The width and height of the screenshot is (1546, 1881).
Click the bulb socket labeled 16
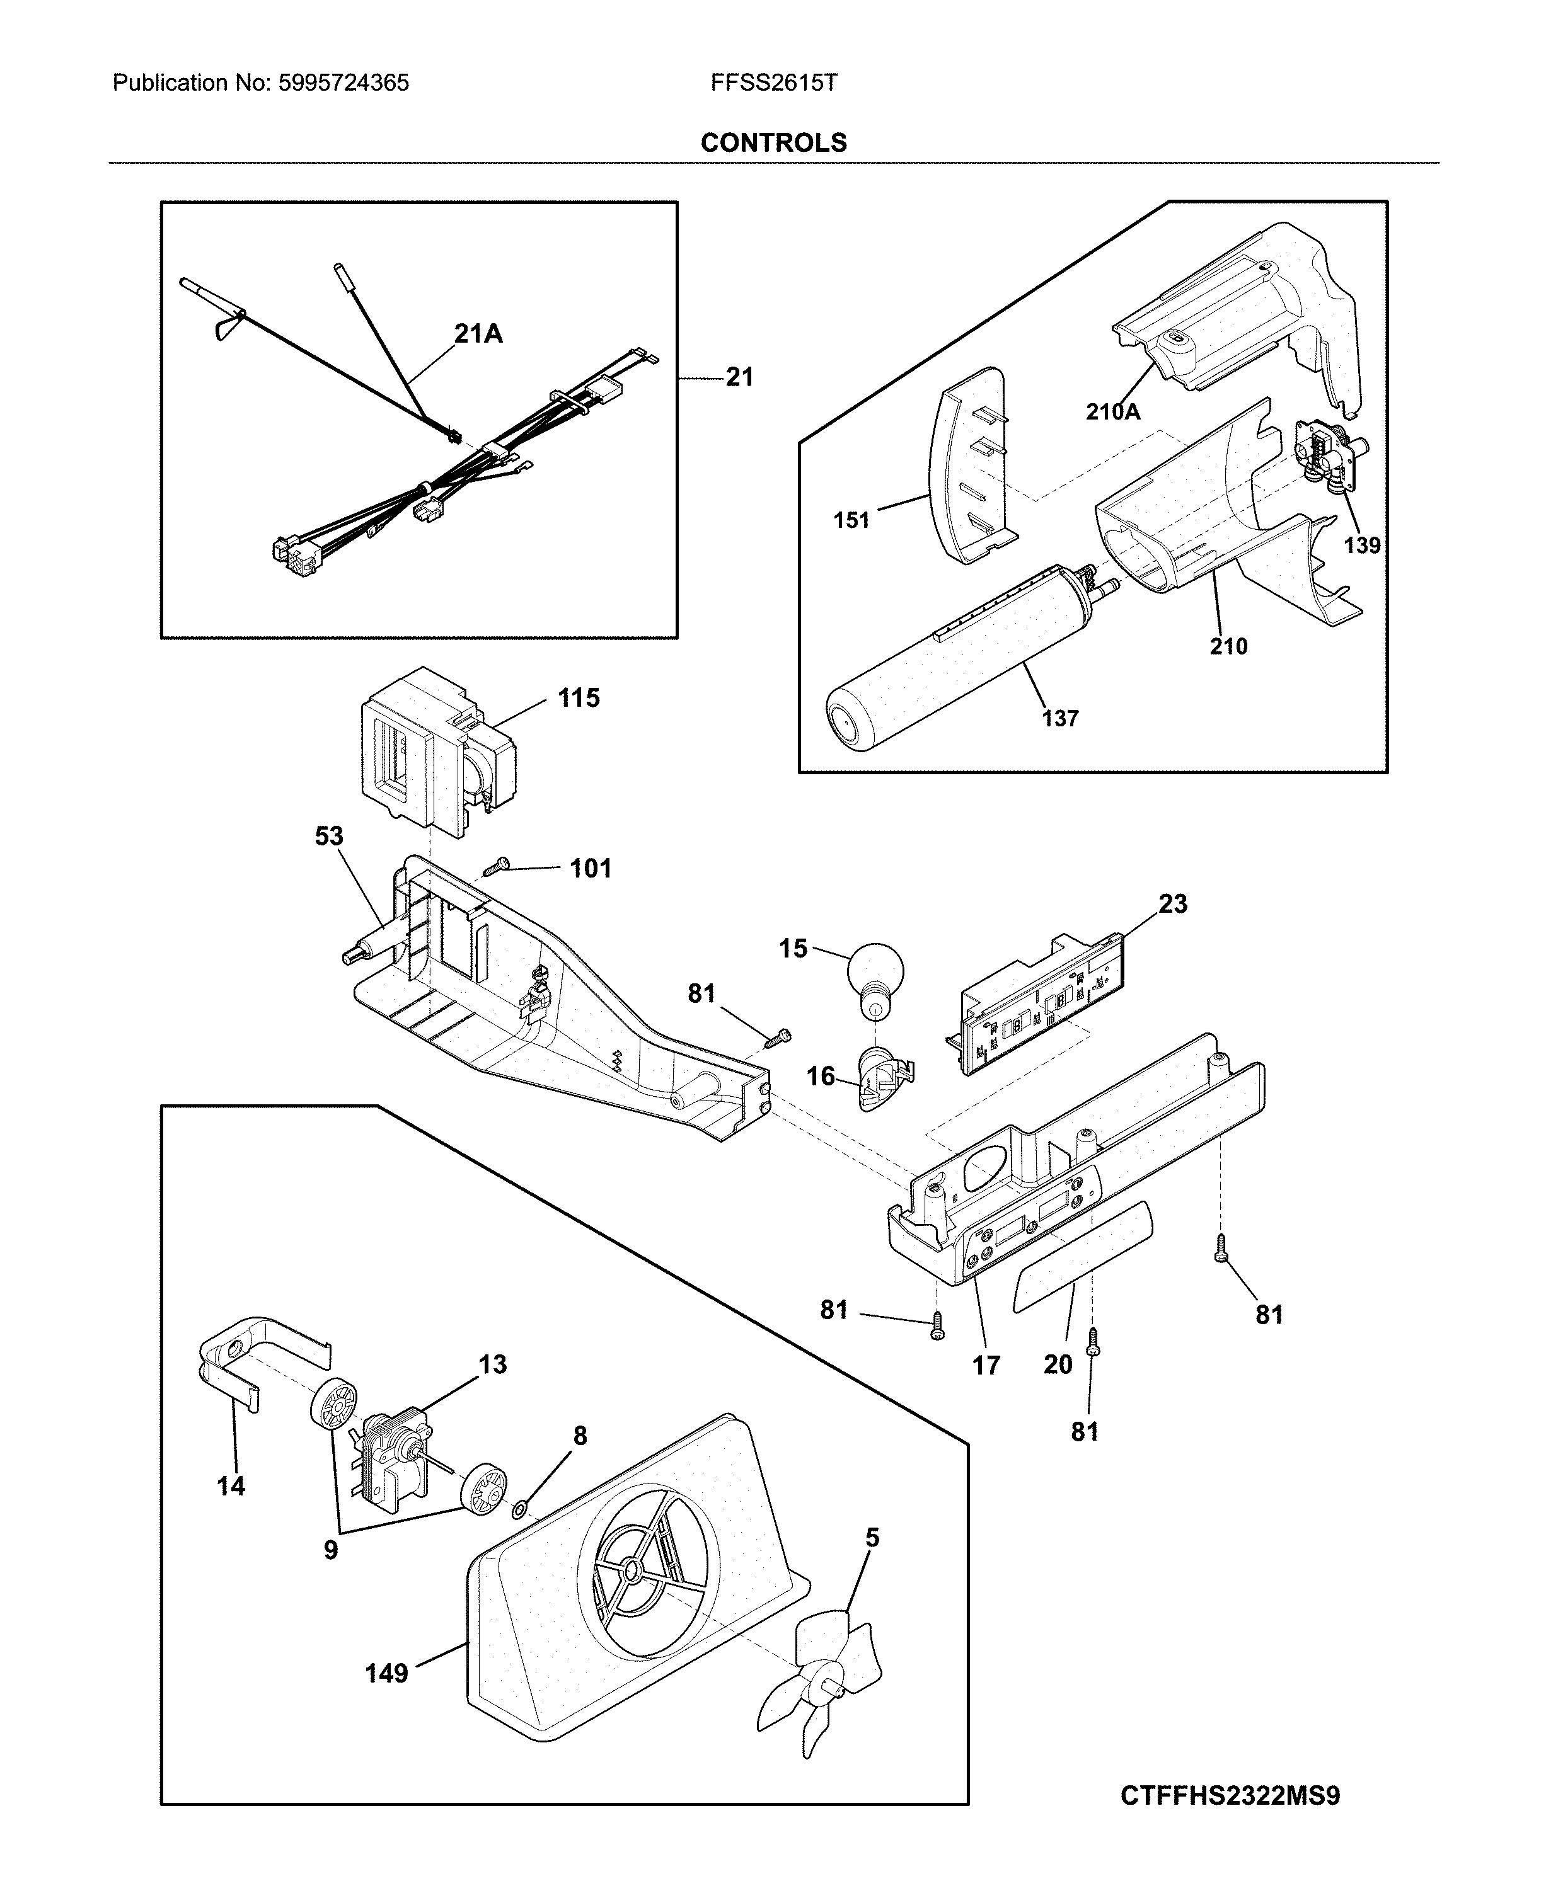pyautogui.click(x=882, y=1078)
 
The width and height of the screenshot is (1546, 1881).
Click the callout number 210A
pyautogui.click(x=1112, y=411)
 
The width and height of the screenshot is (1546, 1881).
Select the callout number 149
pyautogui.click(x=386, y=1674)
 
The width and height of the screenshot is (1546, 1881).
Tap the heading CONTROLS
pyautogui.click(x=773, y=142)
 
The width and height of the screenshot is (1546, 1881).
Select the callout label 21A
pyautogui.click(x=478, y=334)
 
